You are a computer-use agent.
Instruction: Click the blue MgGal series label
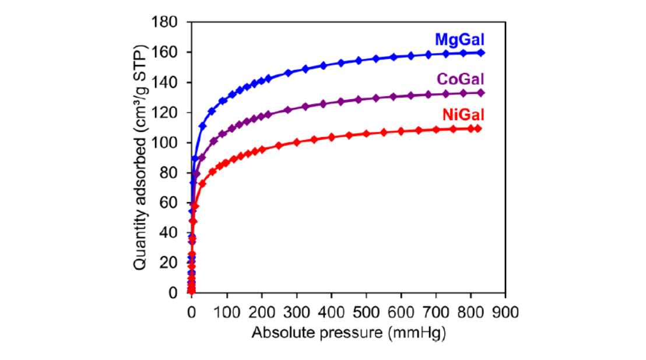(x=460, y=40)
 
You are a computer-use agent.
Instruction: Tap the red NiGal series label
(x=463, y=115)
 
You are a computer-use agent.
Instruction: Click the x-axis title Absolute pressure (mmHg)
(x=349, y=333)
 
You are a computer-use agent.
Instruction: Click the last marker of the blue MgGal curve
(x=482, y=53)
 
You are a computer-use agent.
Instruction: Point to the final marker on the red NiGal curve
(x=478, y=128)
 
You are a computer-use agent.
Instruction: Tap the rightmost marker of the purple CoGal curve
(x=482, y=93)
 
